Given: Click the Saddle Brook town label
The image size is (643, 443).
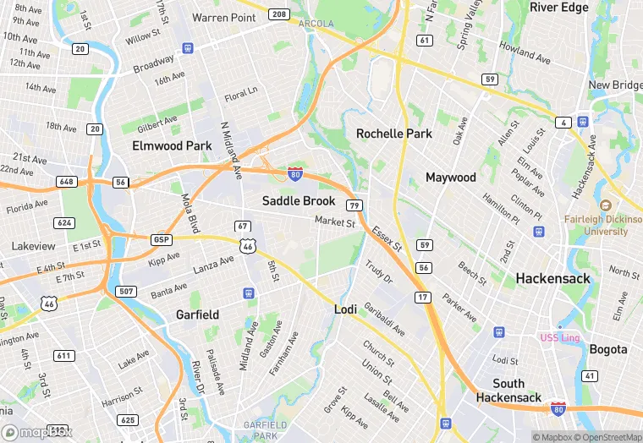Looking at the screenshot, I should click(x=299, y=201).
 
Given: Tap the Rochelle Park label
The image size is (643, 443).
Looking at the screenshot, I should click(x=394, y=134).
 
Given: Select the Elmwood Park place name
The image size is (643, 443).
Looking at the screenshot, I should click(x=172, y=145).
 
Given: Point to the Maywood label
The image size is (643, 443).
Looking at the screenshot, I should click(x=451, y=178).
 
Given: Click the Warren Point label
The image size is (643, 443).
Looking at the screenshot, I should click(x=224, y=17).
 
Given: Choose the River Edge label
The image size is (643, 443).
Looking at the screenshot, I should click(x=558, y=8).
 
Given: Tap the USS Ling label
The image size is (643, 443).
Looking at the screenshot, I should click(x=560, y=338).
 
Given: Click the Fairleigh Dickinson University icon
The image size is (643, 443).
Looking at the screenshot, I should click(x=605, y=205).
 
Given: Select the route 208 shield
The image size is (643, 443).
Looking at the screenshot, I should click(x=278, y=14).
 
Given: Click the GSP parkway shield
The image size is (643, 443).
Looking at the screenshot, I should click(x=162, y=239).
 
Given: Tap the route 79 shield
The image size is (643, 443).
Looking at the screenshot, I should click(x=355, y=205).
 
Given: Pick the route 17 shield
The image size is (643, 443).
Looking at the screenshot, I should click(x=423, y=298).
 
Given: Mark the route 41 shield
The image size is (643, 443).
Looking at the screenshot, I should click(x=590, y=375).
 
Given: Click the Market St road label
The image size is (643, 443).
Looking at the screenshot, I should click(x=335, y=222).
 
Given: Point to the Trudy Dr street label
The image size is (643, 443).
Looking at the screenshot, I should click(x=379, y=271).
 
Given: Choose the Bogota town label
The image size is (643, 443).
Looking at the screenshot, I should click(x=608, y=349).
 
